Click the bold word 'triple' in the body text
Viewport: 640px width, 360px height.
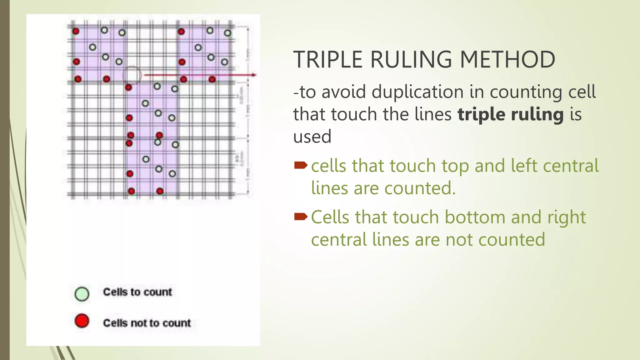click(482, 114)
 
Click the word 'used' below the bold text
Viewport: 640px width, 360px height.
click(312, 137)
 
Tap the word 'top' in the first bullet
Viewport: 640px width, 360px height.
click(455, 166)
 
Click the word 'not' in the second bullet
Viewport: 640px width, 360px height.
click(459, 240)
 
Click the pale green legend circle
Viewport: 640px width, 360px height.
click(82, 294)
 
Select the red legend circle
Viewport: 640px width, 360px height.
click(82, 321)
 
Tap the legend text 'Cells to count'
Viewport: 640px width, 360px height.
click(137, 292)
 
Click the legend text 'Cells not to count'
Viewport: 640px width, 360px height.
click(147, 323)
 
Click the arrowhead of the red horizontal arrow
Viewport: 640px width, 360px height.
click(254, 75)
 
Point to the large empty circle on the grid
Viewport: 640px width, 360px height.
click(132, 75)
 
